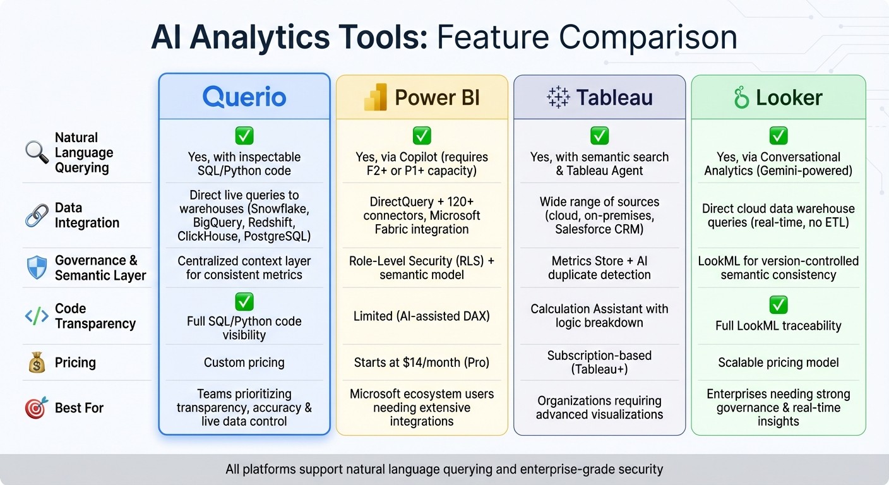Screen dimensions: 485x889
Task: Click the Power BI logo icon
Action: click(x=376, y=98)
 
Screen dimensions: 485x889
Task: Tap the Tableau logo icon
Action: click(x=558, y=98)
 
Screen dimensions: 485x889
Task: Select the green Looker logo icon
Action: click(x=741, y=98)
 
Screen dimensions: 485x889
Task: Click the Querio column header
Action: click(x=244, y=97)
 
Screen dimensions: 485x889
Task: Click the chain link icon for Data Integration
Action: click(x=36, y=215)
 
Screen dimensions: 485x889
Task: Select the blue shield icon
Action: click(x=36, y=268)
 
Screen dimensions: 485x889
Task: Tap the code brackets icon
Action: click(x=36, y=316)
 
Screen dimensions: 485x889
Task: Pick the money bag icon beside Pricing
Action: click(x=36, y=362)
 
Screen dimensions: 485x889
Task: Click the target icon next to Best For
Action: click(x=36, y=408)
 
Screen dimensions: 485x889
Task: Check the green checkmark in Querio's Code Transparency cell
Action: click(x=244, y=301)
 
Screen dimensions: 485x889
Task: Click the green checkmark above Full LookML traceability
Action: click(x=778, y=306)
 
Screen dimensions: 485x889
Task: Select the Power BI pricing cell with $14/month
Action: click(x=422, y=362)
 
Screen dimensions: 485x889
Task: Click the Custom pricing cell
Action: click(x=244, y=362)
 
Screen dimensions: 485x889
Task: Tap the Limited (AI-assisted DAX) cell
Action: click(x=422, y=316)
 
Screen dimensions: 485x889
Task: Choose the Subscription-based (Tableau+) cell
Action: click(x=599, y=362)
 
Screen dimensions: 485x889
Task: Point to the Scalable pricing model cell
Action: click(x=778, y=362)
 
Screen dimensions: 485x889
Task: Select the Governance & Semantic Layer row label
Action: click(x=100, y=268)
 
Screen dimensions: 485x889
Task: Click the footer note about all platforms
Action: click(x=444, y=469)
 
